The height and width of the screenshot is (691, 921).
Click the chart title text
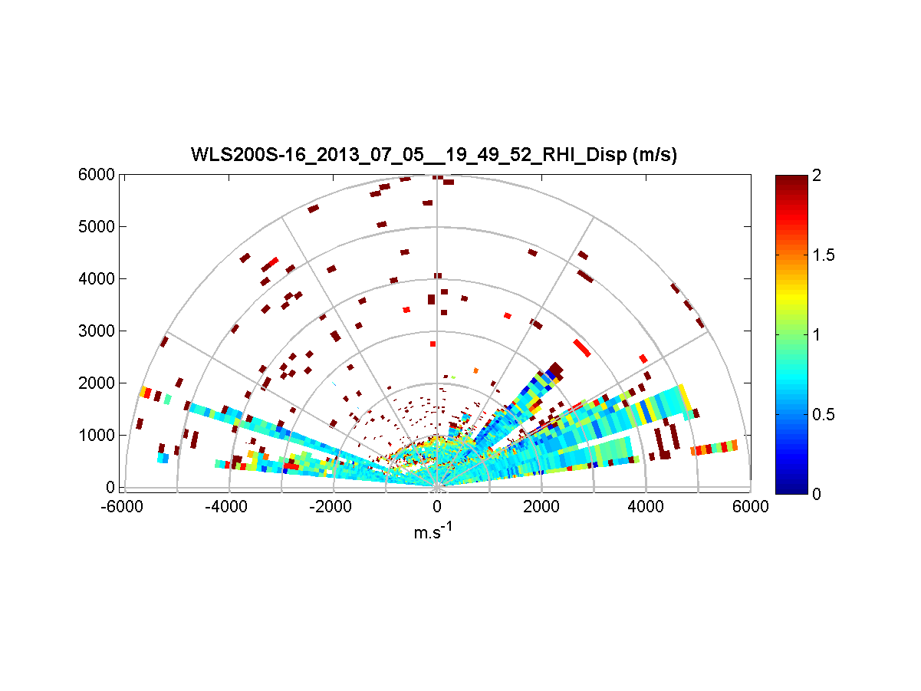pos(434,156)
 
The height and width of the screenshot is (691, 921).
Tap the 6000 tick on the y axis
pos(97,175)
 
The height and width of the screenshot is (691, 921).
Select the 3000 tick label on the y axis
pos(97,331)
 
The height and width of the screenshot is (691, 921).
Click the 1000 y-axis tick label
pos(97,436)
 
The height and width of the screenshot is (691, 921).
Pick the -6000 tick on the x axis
pos(124,507)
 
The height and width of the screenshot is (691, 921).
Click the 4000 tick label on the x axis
pos(646,507)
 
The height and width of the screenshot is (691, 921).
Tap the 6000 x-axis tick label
pos(750,507)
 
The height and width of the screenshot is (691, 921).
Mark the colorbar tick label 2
pos(817,176)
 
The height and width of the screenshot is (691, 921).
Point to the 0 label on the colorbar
pos(817,494)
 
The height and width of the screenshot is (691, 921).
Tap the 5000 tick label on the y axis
pos(97,227)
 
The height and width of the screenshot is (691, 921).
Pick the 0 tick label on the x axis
pos(437,507)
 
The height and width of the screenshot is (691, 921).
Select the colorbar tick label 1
pos(817,334)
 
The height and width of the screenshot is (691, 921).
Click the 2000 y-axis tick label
pos(97,383)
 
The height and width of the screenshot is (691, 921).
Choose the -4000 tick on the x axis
pos(229,507)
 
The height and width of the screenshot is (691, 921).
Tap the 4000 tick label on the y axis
pos(97,279)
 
